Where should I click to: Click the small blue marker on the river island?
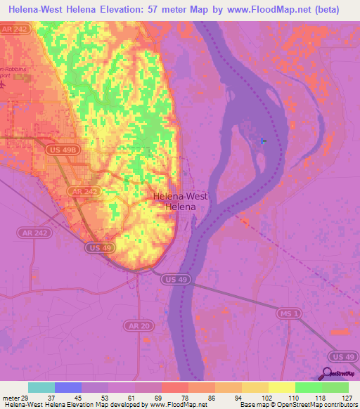pos(264,141)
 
